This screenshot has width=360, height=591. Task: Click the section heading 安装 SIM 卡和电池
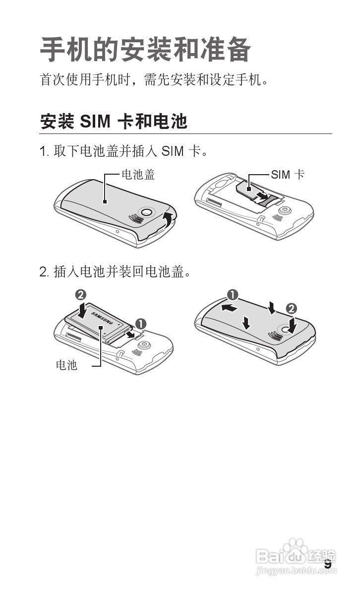[114, 122]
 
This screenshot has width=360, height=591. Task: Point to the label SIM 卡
[288, 174]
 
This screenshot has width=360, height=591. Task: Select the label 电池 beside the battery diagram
[66, 366]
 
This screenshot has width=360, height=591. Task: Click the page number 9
[328, 564]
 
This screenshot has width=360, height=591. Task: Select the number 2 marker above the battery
[79, 294]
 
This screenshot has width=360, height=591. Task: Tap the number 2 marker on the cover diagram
[292, 308]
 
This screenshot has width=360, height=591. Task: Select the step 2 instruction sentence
[115, 272]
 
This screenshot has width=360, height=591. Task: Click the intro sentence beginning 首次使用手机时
[154, 79]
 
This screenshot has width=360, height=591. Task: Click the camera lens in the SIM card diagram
[284, 210]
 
